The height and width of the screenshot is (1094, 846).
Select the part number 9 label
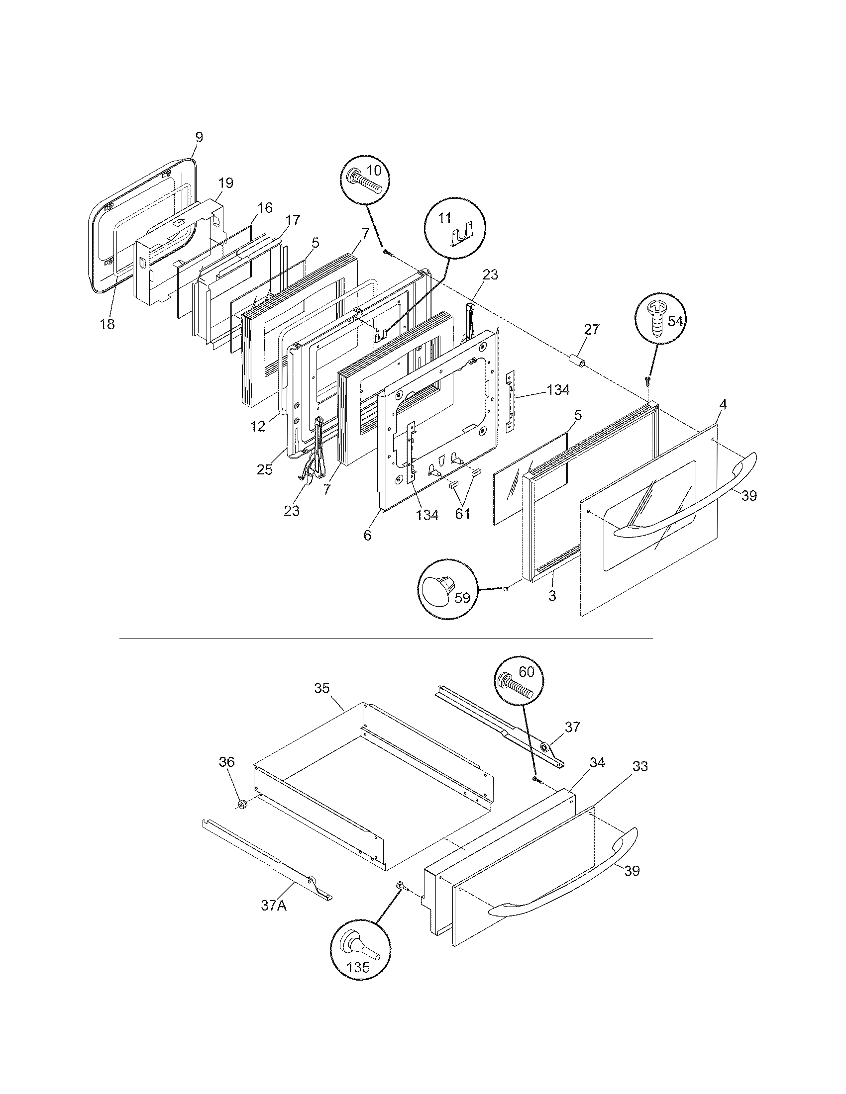199,137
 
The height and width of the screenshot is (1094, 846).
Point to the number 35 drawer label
322,688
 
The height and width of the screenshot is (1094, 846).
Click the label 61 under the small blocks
462,514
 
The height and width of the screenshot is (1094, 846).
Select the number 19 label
225,183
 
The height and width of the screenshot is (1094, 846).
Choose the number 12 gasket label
258,427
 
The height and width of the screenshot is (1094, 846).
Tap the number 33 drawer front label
640,766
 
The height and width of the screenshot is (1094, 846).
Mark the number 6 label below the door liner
367,535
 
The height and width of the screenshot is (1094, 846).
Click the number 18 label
107,324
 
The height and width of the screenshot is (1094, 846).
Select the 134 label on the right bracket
558,390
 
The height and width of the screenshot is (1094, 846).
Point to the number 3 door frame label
552,596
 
